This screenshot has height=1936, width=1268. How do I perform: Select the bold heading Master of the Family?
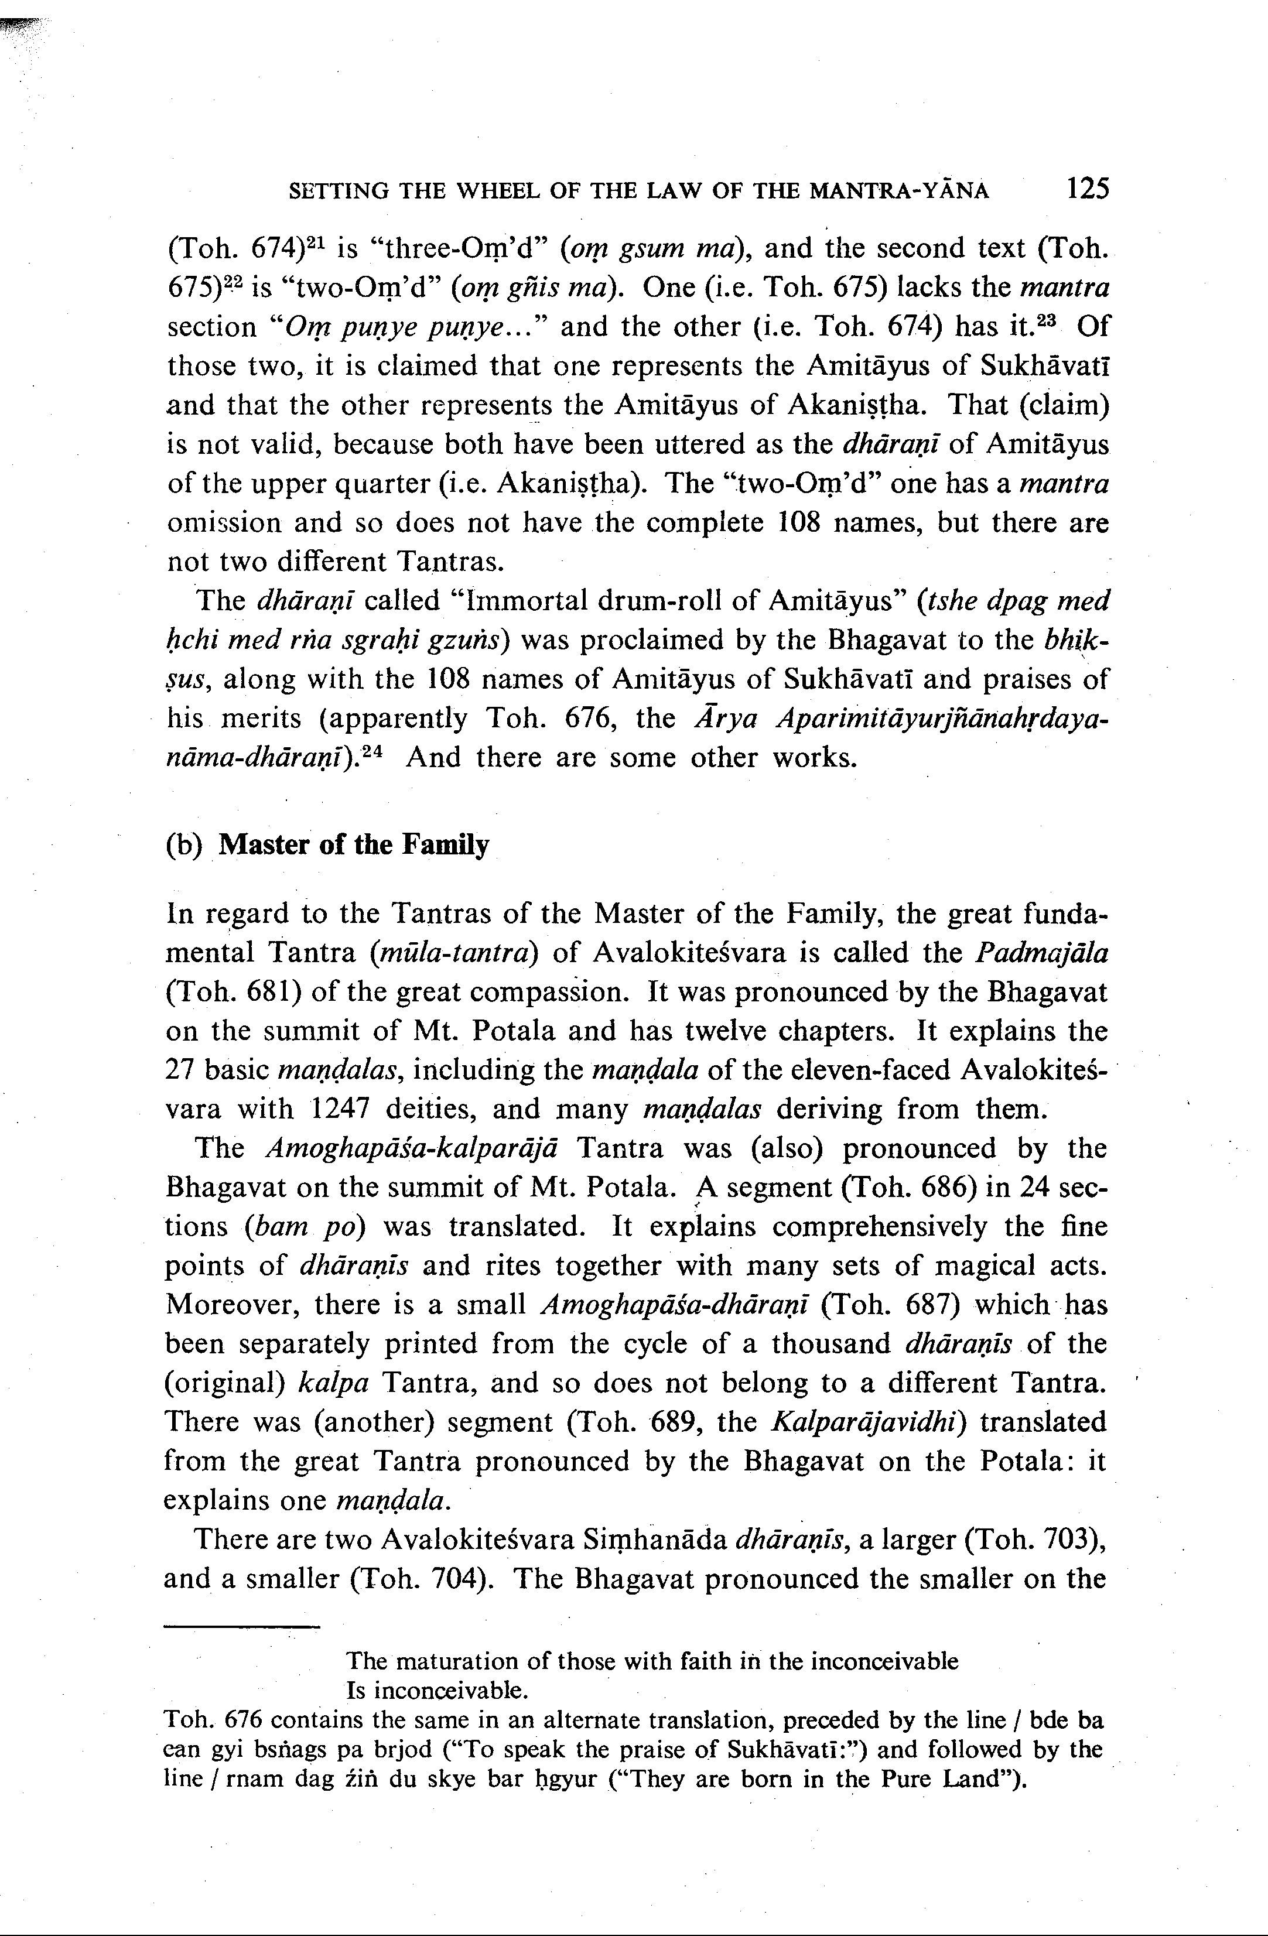coord(354,845)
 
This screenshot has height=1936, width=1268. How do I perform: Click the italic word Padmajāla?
coord(1042,953)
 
